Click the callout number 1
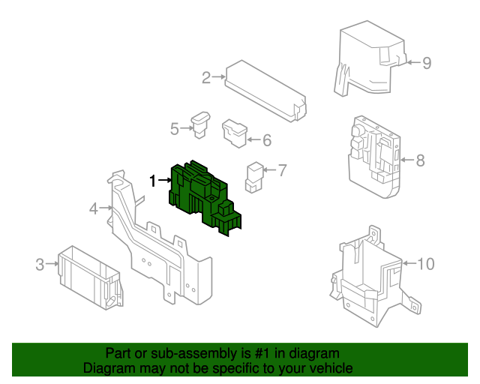(153, 181)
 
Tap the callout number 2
(206, 77)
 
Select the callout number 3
(40, 265)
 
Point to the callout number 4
(93, 208)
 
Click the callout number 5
(175, 128)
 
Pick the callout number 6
(267, 140)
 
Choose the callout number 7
(282, 170)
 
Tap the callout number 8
(421, 160)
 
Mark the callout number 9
(427, 63)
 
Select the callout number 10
(426, 264)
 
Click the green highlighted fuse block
(205, 197)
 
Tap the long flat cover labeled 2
(265, 91)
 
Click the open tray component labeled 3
(91, 277)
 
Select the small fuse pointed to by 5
(200, 124)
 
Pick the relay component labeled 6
(235, 133)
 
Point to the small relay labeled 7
(254, 177)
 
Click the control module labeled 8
(373, 157)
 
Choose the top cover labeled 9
(370, 58)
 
